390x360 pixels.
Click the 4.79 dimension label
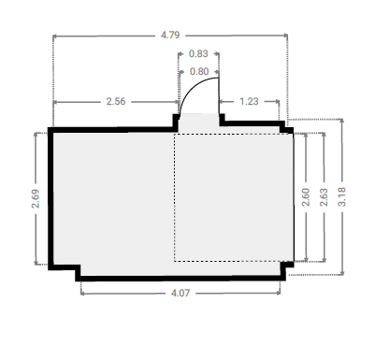pyautogui.click(x=170, y=35)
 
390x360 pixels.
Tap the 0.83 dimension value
pyautogui.click(x=198, y=54)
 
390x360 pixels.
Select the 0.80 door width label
pyautogui.click(x=199, y=72)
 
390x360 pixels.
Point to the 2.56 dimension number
pyautogui.click(x=116, y=102)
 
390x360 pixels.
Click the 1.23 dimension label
pyautogui.click(x=249, y=102)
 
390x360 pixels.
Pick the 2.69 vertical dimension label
pyautogui.click(x=36, y=199)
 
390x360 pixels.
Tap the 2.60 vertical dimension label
pyautogui.click(x=306, y=197)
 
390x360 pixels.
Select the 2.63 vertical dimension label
pyautogui.click(x=324, y=197)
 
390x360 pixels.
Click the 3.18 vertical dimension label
pyautogui.click(x=341, y=197)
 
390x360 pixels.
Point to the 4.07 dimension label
pyautogui.click(x=181, y=294)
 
